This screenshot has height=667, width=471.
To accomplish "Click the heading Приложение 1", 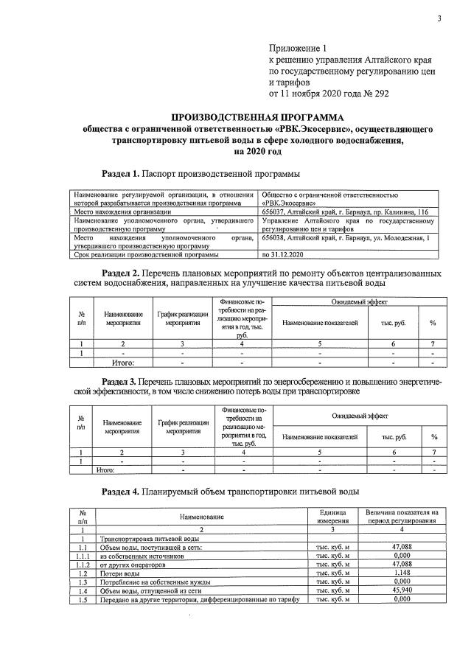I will [298, 48].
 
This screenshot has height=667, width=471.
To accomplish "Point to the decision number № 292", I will [366, 94].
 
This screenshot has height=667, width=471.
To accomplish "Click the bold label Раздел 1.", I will [120, 173].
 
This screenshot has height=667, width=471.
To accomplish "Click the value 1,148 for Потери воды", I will [401, 573].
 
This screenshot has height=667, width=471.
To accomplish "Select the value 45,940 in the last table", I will [401, 590].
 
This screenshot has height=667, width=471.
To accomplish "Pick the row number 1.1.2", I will [83, 564].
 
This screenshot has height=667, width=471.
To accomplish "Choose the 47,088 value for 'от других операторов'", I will [401, 564].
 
